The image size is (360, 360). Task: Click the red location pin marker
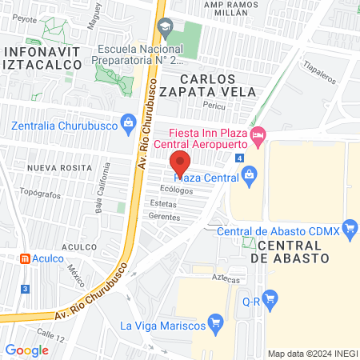(x=181, y=163)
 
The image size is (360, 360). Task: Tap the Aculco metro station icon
(x=26, y=259)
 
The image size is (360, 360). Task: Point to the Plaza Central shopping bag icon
(x=249, y=174)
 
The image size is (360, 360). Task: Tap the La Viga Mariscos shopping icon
(x=214, y=323)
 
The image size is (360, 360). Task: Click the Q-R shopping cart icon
(x=270, y=301)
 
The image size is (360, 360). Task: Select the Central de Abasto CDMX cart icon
(x=349, y=230)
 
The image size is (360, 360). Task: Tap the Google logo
(x=26, y=350)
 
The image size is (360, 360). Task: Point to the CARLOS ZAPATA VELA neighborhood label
(x=208, y=86)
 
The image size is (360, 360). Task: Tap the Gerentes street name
(x=165, y=217)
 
